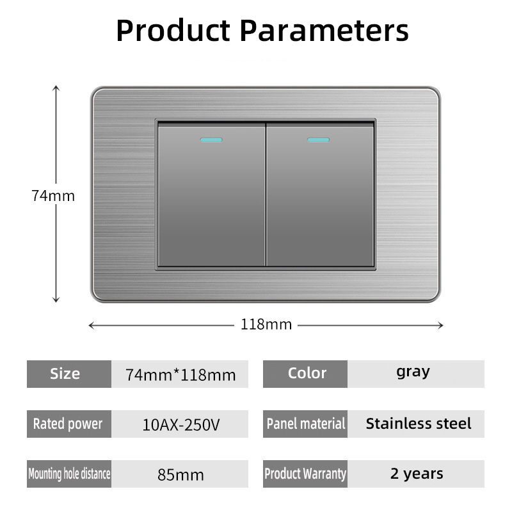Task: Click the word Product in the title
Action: click(173, 31)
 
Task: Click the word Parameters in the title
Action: click(324, 30)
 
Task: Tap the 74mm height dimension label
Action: click(53, 196)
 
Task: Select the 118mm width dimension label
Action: click(266, 324)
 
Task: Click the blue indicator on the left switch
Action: click(211, 140)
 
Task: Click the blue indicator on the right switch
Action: click(318, 140)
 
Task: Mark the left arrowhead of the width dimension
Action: click(91, 325)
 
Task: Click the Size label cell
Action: click(69, 374)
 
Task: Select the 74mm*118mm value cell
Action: click(180, 374)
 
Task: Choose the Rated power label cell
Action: click(69, 424)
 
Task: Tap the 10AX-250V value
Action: click(181, 425)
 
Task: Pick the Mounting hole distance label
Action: click(69, 474)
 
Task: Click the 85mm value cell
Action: click(180, 474)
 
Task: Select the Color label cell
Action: click(305, 374)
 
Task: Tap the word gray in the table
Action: click(413, 372)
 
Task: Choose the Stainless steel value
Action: click(419, 424)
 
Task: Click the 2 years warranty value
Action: click(417, 474)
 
